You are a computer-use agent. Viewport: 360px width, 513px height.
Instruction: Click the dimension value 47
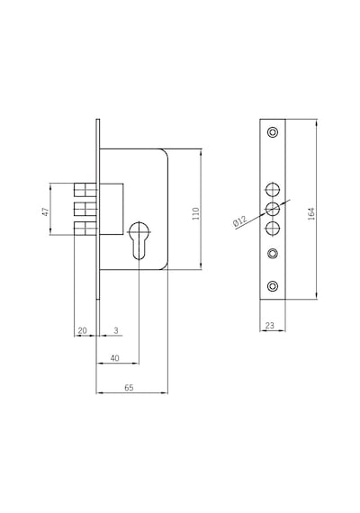point(47,211)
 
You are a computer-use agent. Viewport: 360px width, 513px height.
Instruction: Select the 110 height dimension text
point(195,213)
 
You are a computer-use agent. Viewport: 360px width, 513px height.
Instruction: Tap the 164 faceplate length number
point(311,213)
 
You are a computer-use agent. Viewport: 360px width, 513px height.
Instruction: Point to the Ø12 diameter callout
point(240,221)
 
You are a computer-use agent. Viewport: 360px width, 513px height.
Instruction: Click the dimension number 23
point(270,326)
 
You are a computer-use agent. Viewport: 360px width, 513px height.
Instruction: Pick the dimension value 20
point(82,330)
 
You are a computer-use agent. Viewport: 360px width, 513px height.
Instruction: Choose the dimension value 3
point(116,330)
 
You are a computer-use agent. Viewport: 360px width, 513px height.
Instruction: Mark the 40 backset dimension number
point(114,358)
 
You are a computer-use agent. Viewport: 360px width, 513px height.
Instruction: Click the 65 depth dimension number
point(129,388)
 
